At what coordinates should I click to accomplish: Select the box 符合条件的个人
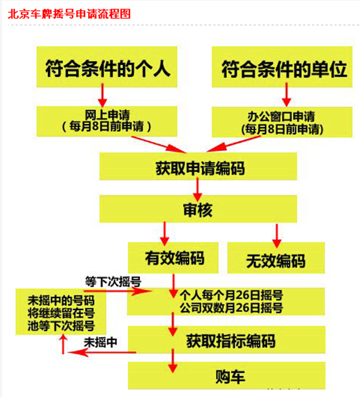point(108,69)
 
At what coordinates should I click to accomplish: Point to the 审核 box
point(198,210)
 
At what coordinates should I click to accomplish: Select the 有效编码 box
point(175,258)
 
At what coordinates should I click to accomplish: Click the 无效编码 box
point(275,260)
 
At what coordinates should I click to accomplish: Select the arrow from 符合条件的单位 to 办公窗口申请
point(287,95)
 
